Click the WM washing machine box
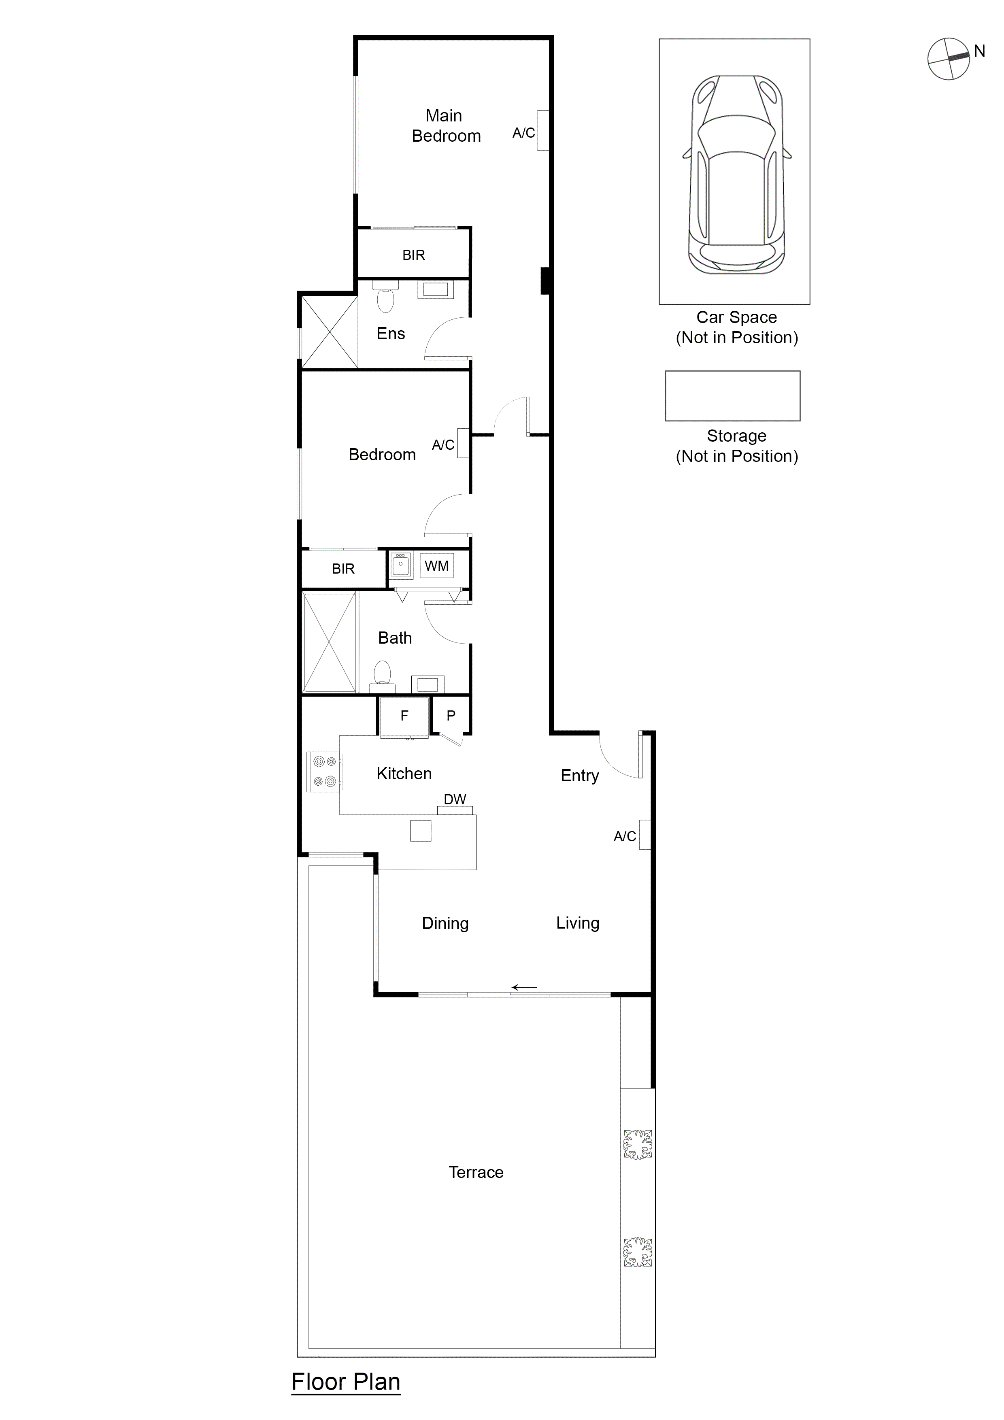pyautogui.click(x=437, y=566)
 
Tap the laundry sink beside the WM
pyautogui.click(x=401, y=565)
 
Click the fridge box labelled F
pyautogui.click(x=404, y=716)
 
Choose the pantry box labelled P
pyautogui.click(x=451, y=716)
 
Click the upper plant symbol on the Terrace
pyautogui.click(x=637, y=1144)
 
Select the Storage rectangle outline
pyautogui.click(x=732, y=396)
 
